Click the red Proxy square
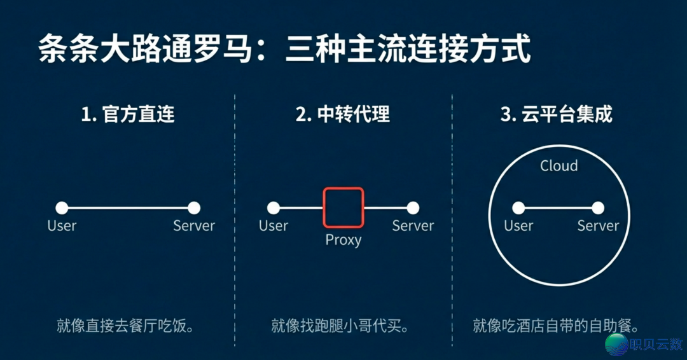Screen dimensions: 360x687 click(343, 207)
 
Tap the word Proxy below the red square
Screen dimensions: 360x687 click(343, 240)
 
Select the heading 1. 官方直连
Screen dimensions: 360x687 click(127, 114)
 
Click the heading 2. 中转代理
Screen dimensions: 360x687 click(343, 114)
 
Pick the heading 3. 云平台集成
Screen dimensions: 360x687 click(557, 114)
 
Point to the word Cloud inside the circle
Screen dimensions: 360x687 click(559, 166)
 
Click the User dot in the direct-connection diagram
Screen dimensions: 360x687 click(62, 208)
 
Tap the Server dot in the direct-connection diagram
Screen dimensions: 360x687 click(194, 208)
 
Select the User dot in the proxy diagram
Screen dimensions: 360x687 click(274, 208)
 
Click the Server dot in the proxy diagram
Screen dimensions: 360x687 click(413, 208)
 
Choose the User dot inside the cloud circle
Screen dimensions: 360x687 click(518, 208)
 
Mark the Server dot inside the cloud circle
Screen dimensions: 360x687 click(598, 208)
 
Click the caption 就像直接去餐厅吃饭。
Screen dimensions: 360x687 click(125, 326)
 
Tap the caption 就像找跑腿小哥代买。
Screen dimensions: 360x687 click(340, 326)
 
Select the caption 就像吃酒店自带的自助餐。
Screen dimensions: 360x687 click(555, 326)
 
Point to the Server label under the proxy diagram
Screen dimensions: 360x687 click(413, 226)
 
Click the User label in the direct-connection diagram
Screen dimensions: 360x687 click(62, 226)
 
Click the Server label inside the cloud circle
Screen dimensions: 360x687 click(598, 226)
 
